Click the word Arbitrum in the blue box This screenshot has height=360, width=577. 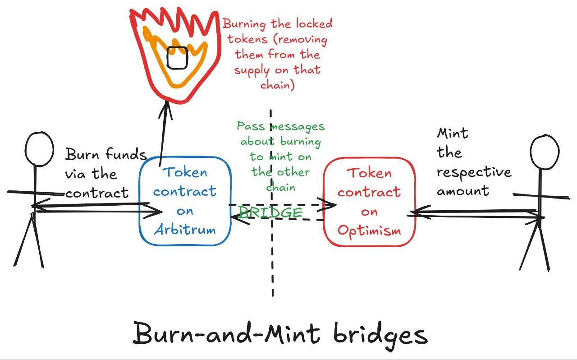pyautogui.click(x=185, y=229)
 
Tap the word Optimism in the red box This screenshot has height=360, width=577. pyautogui.click(x=369, y=231)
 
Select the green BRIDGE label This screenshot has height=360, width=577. pyautogui.click(x=270, y=212)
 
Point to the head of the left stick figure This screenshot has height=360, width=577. pyautogui.click(x=39, y=149)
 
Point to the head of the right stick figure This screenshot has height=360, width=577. pyautogui.click(x=545, y=152)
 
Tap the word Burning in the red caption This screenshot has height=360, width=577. pyautogui.click(x=246, y=23)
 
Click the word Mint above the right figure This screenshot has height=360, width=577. pyautogui.click(x=453, y=133)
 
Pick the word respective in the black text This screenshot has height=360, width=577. pyautogui.click(x=474, y=172)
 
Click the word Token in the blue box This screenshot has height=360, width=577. pyautogui.click(x=185, y=172)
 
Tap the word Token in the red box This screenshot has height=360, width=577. pyautogui.click(x=369, y=173)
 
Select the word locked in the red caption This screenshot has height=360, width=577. pyautogui.click(x=311, y=23)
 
